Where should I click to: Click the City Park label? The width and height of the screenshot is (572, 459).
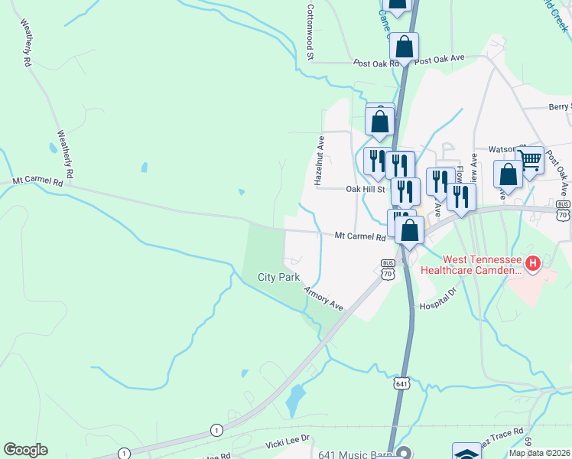pyautogui.click(x=278, y=277)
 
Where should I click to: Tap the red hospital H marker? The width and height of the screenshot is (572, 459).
pyautogui.click(x=533, y=265)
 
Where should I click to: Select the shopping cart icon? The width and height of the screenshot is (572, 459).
pyautogui.click(x=529, y=161)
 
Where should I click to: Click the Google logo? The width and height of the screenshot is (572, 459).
pyautogui.click(x=25, y=450)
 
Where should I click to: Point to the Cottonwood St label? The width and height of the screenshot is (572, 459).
pyautogui.click(x=310, y=31)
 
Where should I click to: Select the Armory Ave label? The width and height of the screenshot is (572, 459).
pyautogui.click(x=323, y=298)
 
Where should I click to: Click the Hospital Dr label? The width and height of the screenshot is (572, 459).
pyautogui.click(x=437, y=298)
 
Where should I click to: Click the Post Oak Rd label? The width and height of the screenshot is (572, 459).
pyautogui.click(x=376, y=63)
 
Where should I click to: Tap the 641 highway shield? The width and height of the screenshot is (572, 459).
pyautogui.click(x=402, y=382)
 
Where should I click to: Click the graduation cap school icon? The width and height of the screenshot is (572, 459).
pyautogui.click(x=466, y=453)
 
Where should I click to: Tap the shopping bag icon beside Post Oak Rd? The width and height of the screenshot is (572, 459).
pyautogui.click(x=405, y=48)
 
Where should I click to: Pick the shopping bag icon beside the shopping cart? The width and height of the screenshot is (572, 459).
pyautogui.click(x=509, y=174)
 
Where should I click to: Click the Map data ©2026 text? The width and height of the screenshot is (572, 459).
pyautogui.click(x=539, y=453)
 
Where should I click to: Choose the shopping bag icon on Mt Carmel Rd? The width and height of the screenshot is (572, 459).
pyautogui.click(x=410, y=230)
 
